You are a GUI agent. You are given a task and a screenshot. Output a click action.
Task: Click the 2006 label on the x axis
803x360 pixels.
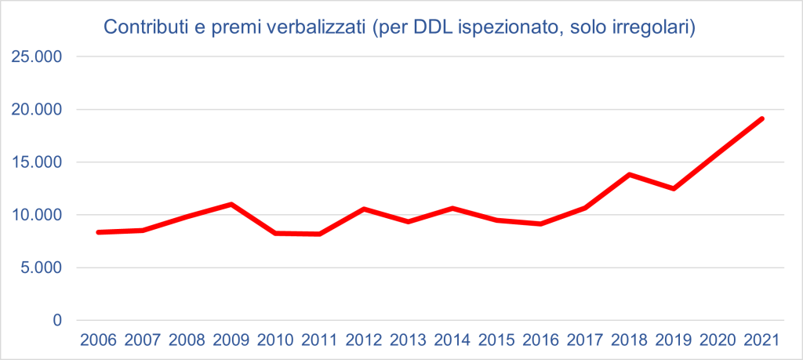pos(98,341)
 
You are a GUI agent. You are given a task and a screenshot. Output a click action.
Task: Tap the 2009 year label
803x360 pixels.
pos(231,341)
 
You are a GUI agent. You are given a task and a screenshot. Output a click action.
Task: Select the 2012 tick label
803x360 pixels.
pos(364,341)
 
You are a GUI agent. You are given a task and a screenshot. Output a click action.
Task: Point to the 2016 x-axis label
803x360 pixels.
pos(541,341)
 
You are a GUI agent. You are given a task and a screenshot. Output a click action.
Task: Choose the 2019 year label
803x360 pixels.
pos(674,341)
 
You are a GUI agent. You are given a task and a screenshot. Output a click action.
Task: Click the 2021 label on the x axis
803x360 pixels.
pos(762,341)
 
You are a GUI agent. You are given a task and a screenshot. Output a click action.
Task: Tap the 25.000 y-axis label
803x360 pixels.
pos(36,57)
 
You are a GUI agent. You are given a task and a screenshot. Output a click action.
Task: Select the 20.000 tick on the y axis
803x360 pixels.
pos(36,110)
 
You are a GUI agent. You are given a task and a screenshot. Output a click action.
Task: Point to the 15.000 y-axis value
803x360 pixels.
pos(36,162)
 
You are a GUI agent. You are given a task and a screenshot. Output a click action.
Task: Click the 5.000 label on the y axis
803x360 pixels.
pos(40,267)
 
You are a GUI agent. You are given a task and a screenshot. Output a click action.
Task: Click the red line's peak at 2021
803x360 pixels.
pos(762,118)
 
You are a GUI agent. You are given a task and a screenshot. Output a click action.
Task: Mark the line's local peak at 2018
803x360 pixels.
pos(630,174)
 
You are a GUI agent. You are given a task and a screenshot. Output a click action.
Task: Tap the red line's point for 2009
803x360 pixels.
pos(231,204)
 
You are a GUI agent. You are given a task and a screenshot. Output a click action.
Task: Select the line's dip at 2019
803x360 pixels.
pos(674,188)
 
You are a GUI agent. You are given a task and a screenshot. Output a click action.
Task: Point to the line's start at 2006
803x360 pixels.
pos(98,232)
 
